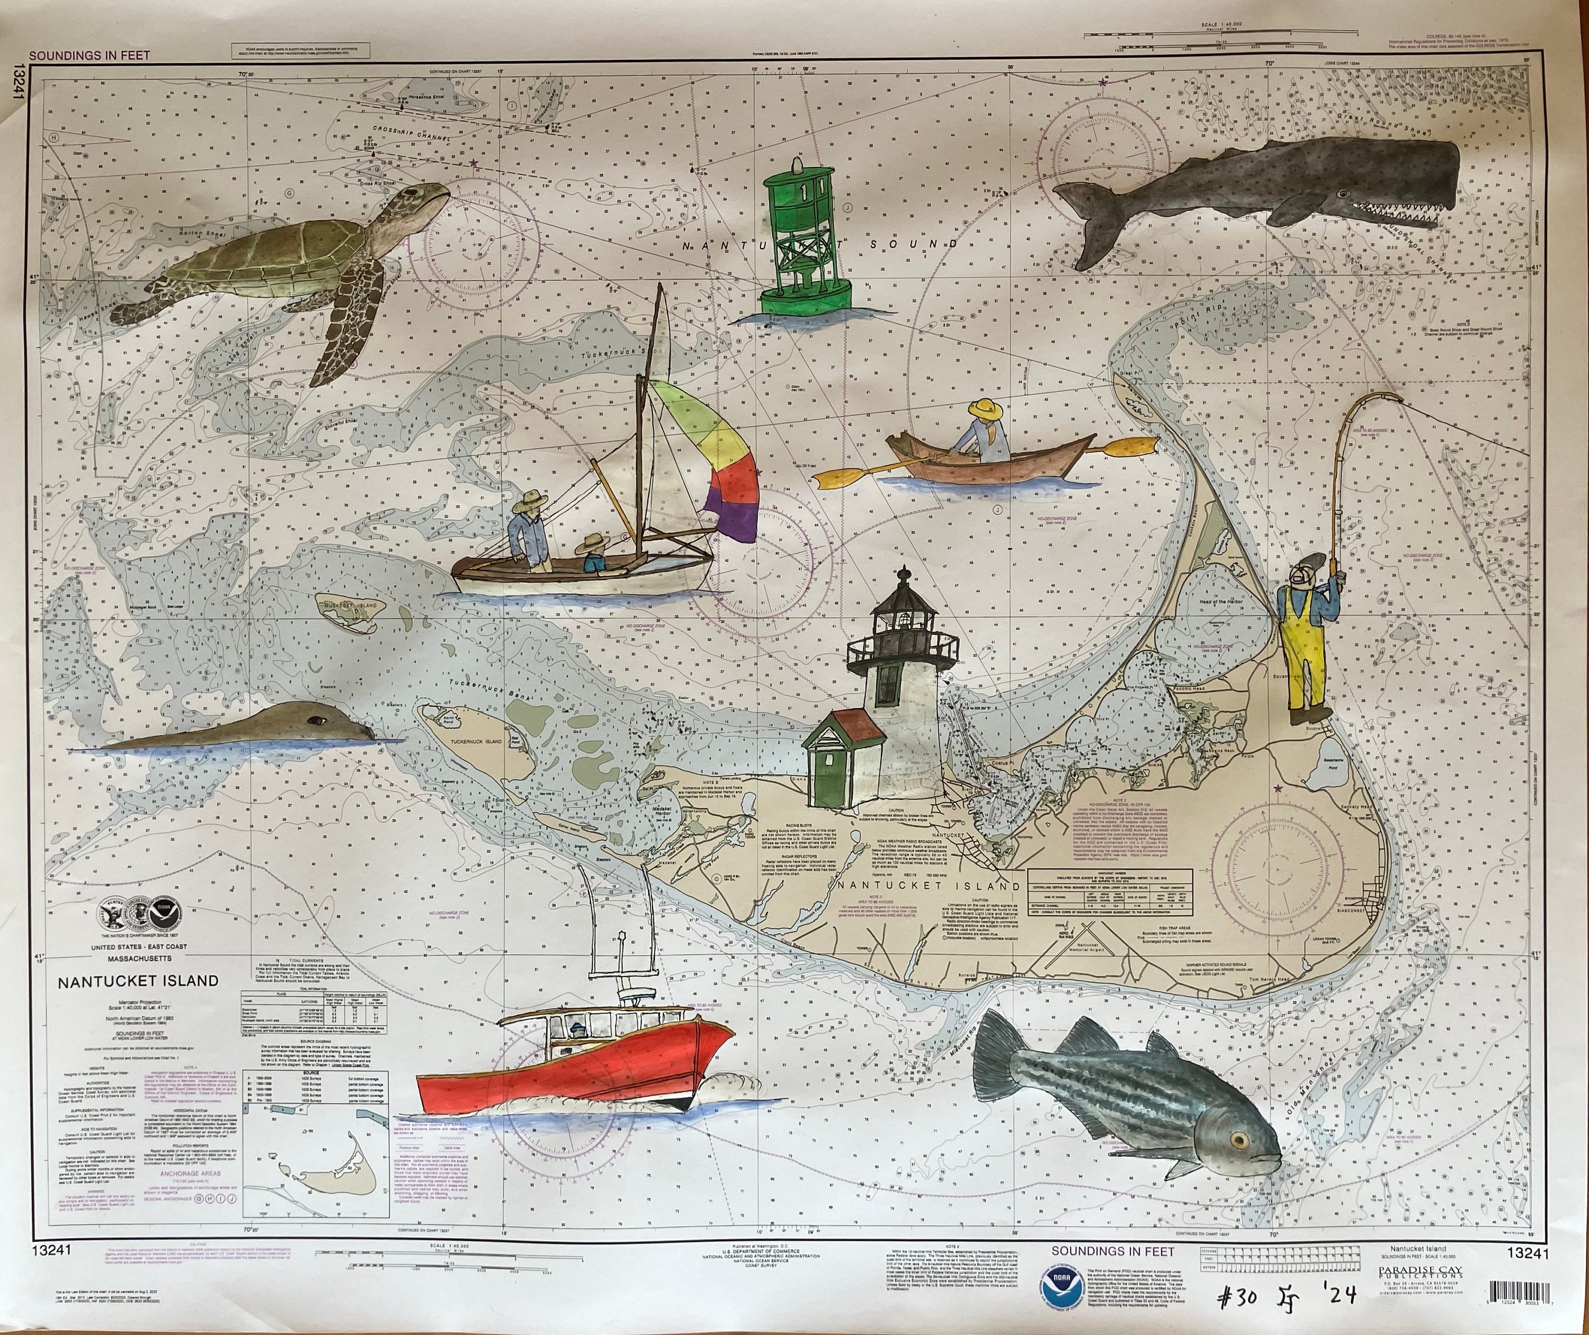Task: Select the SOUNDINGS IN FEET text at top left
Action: (90, 55)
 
